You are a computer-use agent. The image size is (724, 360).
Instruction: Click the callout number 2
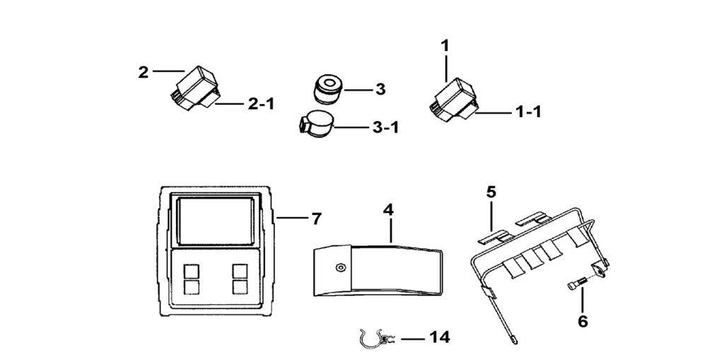pos(144,72)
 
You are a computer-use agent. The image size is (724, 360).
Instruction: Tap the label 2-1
pos(261,104)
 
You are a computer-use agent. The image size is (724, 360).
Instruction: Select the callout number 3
pos(380,89)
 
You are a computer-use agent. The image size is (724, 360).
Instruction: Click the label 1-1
pos(528,111)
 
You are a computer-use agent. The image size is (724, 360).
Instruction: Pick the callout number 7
pos(316,219)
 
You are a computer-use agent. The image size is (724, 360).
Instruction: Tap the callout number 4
pos(387,210)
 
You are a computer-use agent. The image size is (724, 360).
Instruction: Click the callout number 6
pos(582,321)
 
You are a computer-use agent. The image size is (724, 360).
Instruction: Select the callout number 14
pos(439,338)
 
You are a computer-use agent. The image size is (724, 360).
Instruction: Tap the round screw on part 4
pos(341,267)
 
